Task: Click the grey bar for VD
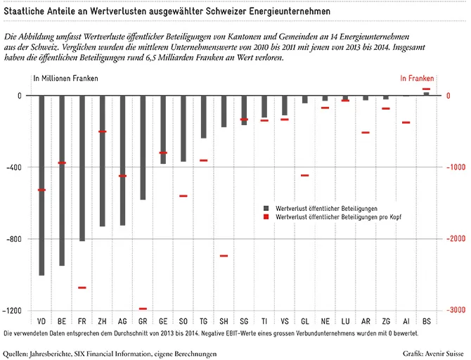pyautogui.click(x=41, y=186)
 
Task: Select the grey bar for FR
pyautogui.click(x=82, y=168)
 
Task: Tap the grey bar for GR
pyautogui.click(x=143, y=148)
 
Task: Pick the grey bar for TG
pyautogui.click(x=204, y=117)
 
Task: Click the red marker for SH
pyautogui.click(x=224, y=256)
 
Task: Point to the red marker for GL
pyautogui.click(x=305, y=176)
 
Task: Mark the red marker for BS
pyautogui.click(x=427, y=89)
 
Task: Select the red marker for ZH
pyautogui.click(x=103, y=131)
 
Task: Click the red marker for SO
pyautogui.click(x=183, y=196)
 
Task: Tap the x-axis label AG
pyautogui.click(x=122, y=321)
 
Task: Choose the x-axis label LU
pyautogui.click(x=345, y=321)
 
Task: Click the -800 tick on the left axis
pyautogui.click(x=14, y=239)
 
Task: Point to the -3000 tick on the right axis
pyautogui.click(x=456, y=310)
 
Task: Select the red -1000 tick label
pyautogui.click(x=456, y=167)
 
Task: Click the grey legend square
pyautogui.click(x=266, y=208)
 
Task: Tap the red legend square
pyautogui.click(x=266, y=217)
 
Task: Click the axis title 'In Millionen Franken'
pyautogui.click(x=65, y=79)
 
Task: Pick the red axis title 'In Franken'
pyautogui.click(x=417, y=79)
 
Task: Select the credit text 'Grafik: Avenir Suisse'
pyautogui.click(x=433, y=354)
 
